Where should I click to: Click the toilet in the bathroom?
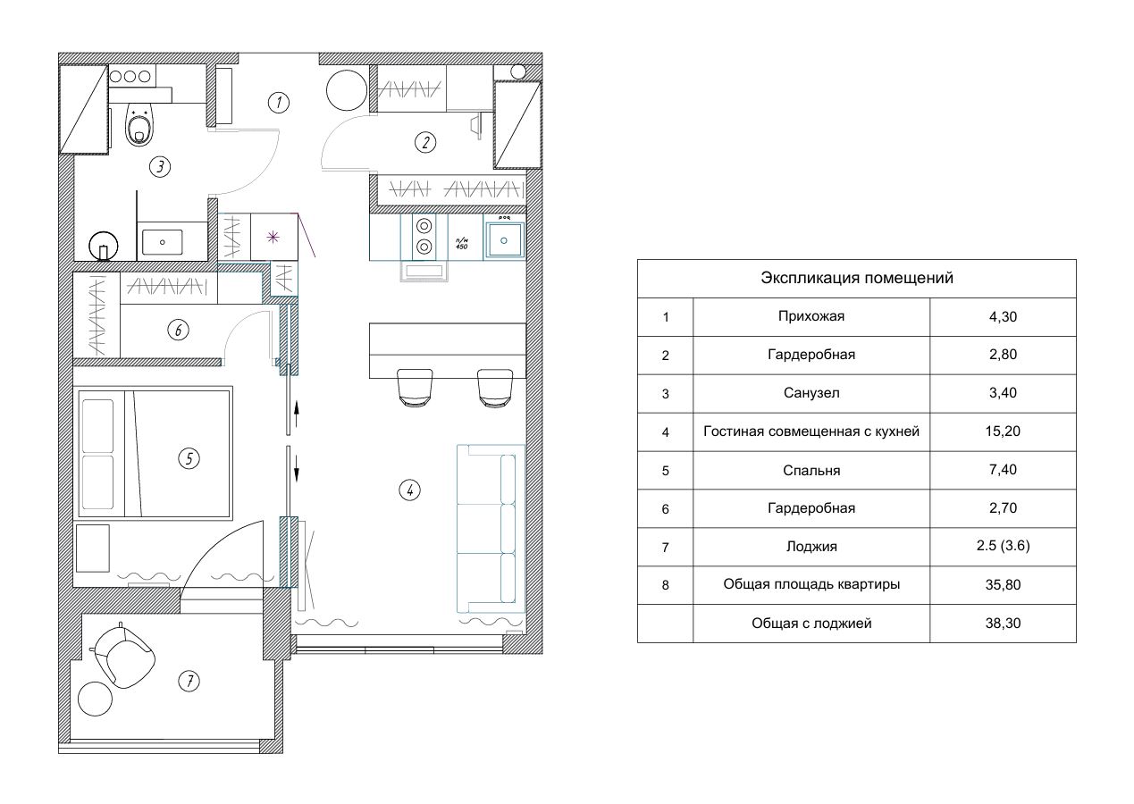pos(139,124)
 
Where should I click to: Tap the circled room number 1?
pos(279,103)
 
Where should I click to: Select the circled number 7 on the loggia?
pos(189,681)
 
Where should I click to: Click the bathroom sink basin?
pos(162,242)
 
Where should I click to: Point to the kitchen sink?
pos(504,240)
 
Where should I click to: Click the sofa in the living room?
pos(491,529)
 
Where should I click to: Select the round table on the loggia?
pos(95,699)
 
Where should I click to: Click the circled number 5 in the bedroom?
pos(189,458)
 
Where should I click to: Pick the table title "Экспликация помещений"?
pos(857,278)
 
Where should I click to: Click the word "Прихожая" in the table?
pos(811,317)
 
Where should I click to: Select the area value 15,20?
pos(1003,431)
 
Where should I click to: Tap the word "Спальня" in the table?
pos(811,471)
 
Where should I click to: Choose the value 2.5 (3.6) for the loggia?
pos(1003,546)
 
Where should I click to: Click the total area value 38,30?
pos(1003,623)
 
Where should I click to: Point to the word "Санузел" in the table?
pos(811,393)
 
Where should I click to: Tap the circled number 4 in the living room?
pos(409,490)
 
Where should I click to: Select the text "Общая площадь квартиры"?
pos(811,584)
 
